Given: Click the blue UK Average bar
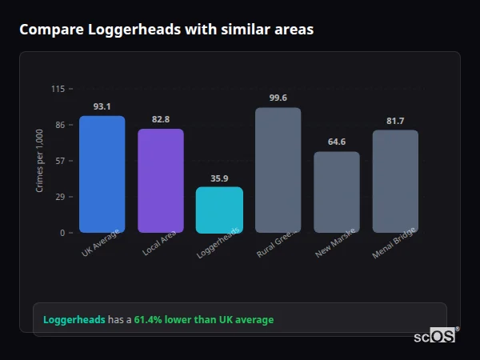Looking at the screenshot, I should click(102, 174).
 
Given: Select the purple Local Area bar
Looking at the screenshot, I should click(160, 181).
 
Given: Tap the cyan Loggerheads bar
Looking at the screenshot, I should click(219, 210).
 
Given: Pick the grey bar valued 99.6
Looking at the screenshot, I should click(278, 170).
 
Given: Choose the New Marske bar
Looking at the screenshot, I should click(336, 192).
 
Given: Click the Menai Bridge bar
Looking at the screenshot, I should click(395, 182).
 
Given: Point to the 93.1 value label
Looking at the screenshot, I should click(102, 106).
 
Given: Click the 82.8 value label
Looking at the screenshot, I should click(160, 119).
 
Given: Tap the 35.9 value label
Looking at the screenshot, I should click(219, 178).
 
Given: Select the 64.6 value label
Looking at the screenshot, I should click(336, 142).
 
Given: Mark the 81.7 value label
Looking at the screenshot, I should click(395, 121).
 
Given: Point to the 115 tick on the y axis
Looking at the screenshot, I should click(58, 89).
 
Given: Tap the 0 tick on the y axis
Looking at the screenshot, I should click(62, 233).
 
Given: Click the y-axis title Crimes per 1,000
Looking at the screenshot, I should click(40, 161).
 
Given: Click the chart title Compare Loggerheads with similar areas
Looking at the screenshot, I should click(166, 30).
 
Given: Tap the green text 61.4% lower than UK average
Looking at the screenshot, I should click(203, 320).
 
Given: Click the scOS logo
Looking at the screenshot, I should click(435, 336).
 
